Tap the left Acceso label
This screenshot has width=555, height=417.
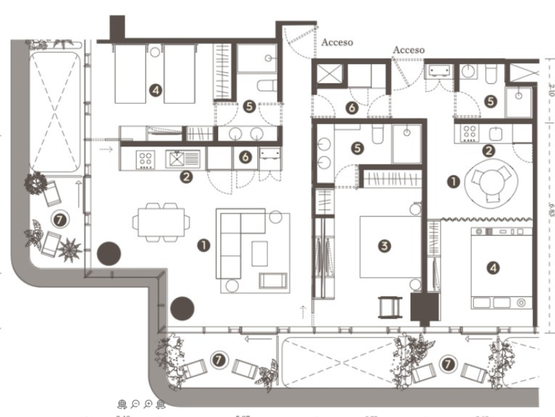coord(337,42)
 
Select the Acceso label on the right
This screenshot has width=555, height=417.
coord(408,50)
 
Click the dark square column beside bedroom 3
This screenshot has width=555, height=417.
coord(424,308)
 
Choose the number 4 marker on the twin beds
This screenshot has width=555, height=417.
coord(155,90)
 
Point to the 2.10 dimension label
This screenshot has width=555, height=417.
coord(550,90)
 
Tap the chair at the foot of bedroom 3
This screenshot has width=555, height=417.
coord(390,307)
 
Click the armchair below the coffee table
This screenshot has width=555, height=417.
coord(272,281)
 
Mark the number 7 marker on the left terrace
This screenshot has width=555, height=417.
coord(60,218)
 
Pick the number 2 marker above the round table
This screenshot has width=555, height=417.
coord(488,150)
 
